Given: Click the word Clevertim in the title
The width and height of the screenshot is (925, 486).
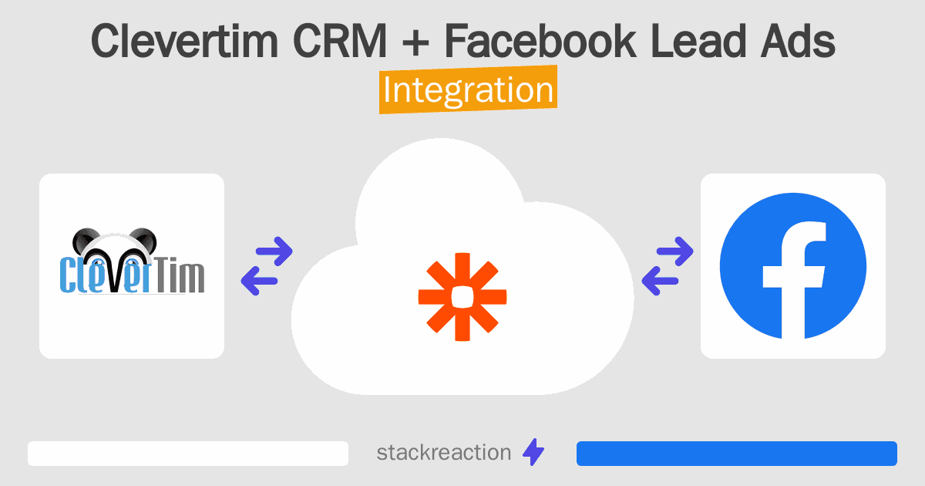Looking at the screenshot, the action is (x=184, y=41).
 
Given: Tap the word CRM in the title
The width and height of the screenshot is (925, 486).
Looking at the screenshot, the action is (x=340, y=41).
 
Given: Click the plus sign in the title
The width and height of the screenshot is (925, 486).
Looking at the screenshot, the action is (x=415, y=42).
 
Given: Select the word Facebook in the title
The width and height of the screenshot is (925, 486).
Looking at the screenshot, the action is (x=540, y=41).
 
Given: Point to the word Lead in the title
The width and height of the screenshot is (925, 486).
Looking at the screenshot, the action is (x=698, y=41).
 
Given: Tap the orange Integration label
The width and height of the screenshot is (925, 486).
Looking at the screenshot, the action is (x=469, y=89).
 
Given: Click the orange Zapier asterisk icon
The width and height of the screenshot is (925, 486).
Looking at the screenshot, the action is (x=462, y=297).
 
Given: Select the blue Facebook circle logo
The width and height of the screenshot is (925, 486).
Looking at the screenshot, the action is (x=793, y=266).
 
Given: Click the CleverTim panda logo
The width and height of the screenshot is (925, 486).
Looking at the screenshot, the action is (x=132, y=262).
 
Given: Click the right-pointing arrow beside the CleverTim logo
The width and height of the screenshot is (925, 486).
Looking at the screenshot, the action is (x=274, y=251).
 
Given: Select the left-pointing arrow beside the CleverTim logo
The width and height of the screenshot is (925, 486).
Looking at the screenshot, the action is (x=259, y=281).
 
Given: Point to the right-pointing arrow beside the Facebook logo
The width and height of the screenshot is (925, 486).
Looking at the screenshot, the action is (x=674, y=251).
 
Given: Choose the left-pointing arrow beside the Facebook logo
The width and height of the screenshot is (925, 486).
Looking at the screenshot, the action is (x=660, y=281).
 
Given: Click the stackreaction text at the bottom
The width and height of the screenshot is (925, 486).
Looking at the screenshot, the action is (x=444, y=453).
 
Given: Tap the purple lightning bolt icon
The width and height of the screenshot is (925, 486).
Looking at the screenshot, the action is (x=533, y=452).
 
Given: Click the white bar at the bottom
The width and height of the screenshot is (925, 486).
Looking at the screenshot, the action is (x=188, y=454).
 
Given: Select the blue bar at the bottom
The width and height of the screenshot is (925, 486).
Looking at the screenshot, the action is (x=737, y=454).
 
